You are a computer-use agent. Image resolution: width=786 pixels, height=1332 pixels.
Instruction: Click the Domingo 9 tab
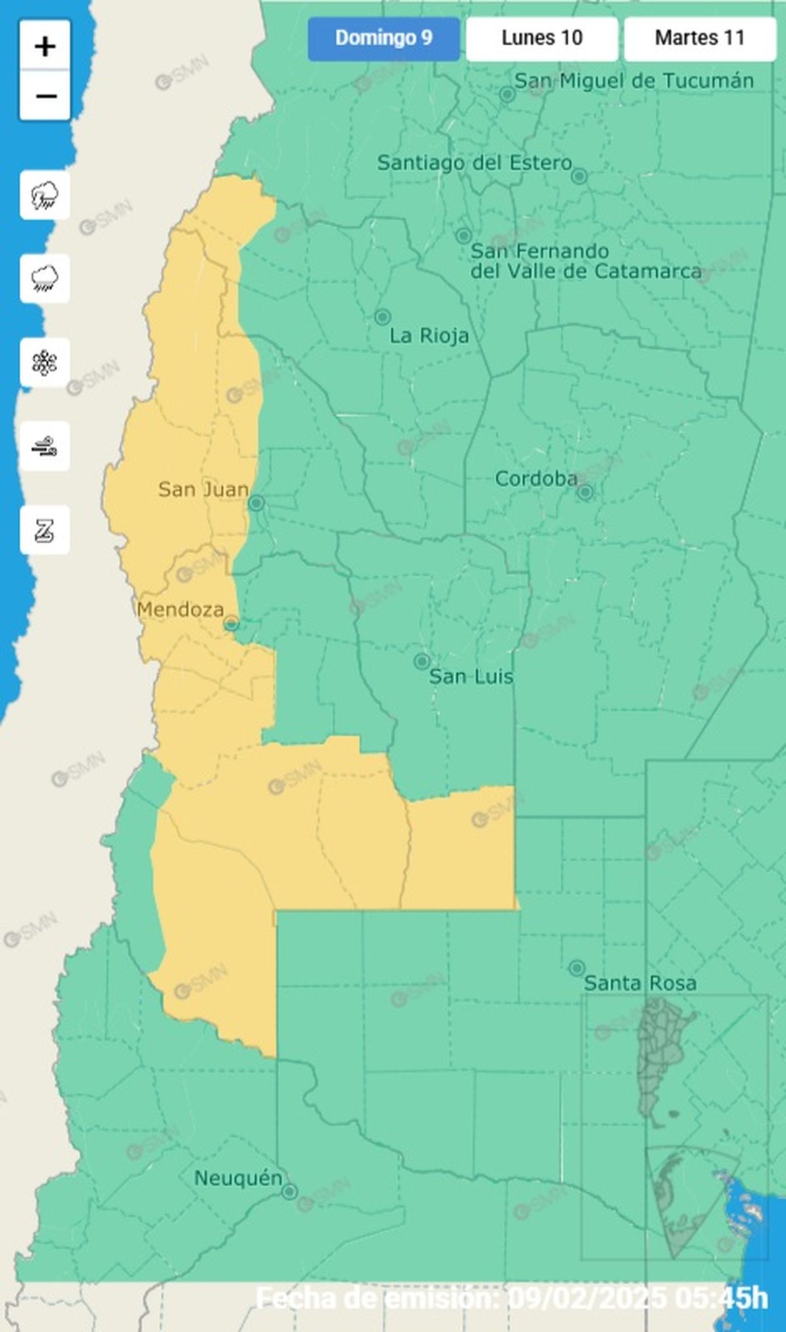384,39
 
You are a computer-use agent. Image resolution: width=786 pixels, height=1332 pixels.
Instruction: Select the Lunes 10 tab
542,39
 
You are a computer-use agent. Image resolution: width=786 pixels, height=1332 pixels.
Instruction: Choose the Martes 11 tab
700,39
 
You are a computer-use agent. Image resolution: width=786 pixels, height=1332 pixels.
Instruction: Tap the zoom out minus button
45,96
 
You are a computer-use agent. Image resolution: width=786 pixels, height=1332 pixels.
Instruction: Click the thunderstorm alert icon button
45,195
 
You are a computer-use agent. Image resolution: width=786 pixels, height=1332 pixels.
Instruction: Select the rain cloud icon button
45,279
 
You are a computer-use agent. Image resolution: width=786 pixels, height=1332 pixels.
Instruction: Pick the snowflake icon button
45,363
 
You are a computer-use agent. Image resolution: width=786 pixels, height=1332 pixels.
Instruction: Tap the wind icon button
45,447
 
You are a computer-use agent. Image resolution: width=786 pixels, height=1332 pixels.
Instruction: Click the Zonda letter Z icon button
45,530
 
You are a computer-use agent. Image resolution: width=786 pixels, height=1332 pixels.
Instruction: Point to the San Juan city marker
256,503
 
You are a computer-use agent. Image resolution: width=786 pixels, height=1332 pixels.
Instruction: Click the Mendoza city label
180,610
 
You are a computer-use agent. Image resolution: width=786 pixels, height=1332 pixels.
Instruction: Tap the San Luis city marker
422,661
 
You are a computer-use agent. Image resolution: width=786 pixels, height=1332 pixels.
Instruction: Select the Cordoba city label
536,479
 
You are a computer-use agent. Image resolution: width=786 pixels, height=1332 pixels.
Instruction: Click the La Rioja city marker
383,317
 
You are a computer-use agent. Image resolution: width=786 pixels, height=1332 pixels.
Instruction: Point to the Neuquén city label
238,1178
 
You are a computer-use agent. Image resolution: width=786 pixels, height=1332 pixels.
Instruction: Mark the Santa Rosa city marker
577,968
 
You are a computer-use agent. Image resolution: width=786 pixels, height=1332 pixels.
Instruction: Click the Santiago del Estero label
474,163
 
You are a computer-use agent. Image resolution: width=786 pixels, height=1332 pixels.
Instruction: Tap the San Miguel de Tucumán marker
507,94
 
